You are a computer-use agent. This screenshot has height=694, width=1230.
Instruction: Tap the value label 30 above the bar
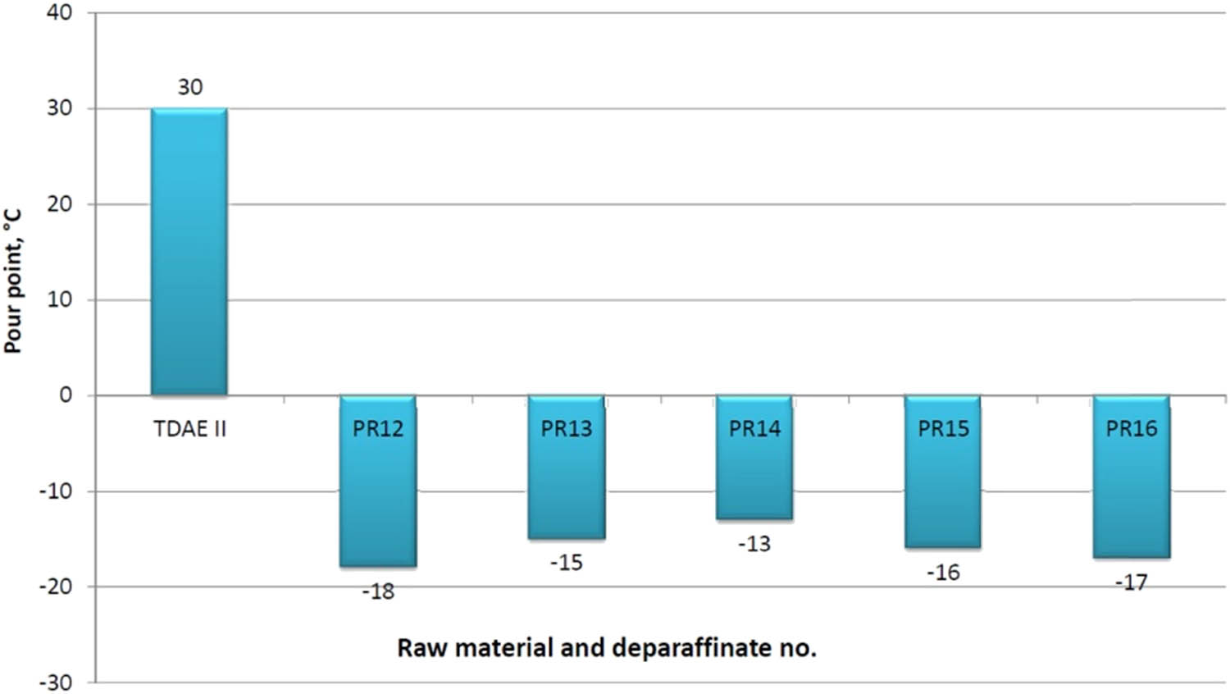[x=189, y=87]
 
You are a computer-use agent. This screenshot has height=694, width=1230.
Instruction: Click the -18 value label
[x=378, y=591]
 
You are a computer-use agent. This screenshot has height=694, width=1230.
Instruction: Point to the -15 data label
[x=566, y=563]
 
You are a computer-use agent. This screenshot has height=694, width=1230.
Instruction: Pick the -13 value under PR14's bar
[x=754, y=544]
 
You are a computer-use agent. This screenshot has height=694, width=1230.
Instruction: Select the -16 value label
[x=943, y=573]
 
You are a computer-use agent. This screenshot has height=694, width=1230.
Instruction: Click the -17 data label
[x=1131, y=582]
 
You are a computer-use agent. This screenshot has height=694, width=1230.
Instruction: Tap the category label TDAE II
[x=189, y=429]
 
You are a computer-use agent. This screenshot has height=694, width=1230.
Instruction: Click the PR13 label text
[x=566, y=429]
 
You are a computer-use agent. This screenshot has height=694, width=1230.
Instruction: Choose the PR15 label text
[x=943, y=429]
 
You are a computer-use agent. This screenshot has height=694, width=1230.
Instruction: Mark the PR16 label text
[x=1131, y=429]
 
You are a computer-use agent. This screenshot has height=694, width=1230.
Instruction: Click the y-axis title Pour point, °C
[x=12, y=281]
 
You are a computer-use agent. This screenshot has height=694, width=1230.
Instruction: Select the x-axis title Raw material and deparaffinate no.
[x=607, y=648]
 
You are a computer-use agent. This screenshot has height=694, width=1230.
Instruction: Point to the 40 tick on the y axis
[x=59, y=13]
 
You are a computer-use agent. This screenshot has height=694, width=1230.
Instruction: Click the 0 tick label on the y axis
[x=66, y=395]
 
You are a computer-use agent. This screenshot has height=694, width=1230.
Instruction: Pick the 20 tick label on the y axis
[x=59, y=204]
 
